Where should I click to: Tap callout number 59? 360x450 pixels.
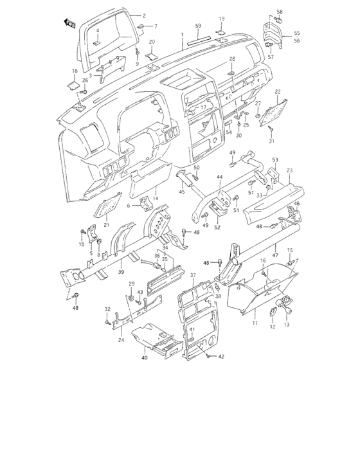[x=198, y=26]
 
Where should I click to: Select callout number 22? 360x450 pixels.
[x=278, y=92]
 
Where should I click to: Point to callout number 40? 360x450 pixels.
[x=145, y=357]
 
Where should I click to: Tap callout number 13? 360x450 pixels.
[x=287, y=325]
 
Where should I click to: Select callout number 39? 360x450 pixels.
[x=121, y=272]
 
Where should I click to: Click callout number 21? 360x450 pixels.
[x=107, y=224]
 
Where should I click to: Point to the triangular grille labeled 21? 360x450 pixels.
[x=109, y=207]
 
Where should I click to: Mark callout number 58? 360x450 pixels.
[x=280, y=12]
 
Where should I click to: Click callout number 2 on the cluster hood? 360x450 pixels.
[x=144, y=15]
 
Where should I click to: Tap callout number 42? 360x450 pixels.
[x=222, y=356]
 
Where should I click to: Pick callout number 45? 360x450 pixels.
[x=182, y=191]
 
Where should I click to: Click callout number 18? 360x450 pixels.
[x=75, y=71]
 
